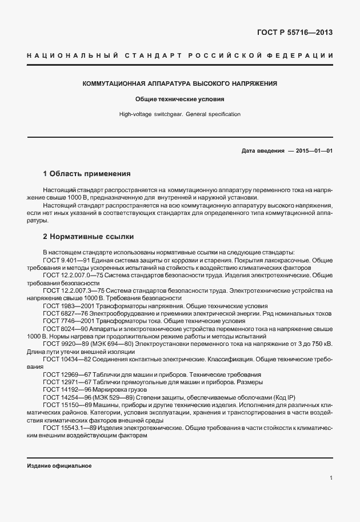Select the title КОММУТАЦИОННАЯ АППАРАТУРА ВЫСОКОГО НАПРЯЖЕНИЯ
[180, 83]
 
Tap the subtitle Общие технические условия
[180, 99]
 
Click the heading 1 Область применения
[87, 173]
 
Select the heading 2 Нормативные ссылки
[89, 236]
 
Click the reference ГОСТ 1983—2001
[68, 306]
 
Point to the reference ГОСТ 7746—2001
[68, 321]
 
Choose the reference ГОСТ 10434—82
[66, 360]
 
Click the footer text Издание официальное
[59, 465]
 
